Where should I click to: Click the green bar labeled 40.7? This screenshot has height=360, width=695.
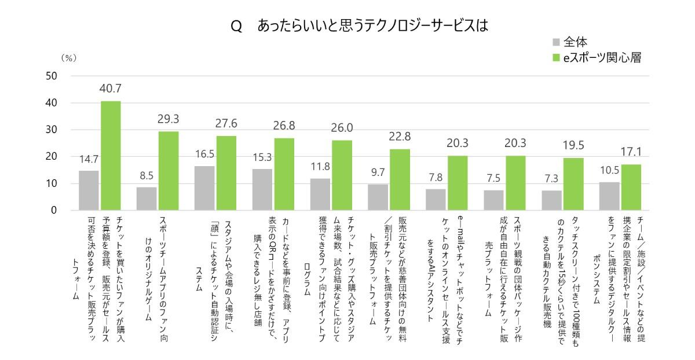point(111,156)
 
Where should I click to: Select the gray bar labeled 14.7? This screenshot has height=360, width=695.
point(89,190)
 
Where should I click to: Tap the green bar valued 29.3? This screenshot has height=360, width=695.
point(169,171)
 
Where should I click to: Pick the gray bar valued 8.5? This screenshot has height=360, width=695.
point(147,199)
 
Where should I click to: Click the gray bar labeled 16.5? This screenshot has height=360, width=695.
point(204,188)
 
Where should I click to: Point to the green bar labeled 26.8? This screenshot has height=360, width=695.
point(284,174)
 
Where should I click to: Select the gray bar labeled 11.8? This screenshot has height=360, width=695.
point(320,194)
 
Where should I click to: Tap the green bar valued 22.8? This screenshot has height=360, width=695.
point(400,179)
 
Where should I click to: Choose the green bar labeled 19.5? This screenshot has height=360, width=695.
point(573,184)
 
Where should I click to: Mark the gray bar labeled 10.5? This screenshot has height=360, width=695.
point(609,196)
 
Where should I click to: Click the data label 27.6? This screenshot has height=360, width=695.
point(226,123)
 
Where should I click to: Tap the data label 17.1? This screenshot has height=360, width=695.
point(631,152)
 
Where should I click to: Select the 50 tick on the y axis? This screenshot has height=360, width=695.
point(51,76)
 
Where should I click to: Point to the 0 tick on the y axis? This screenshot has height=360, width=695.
point(53,210)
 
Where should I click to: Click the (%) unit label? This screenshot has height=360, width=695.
point(69,58)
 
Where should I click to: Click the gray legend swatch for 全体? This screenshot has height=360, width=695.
point(556,42)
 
